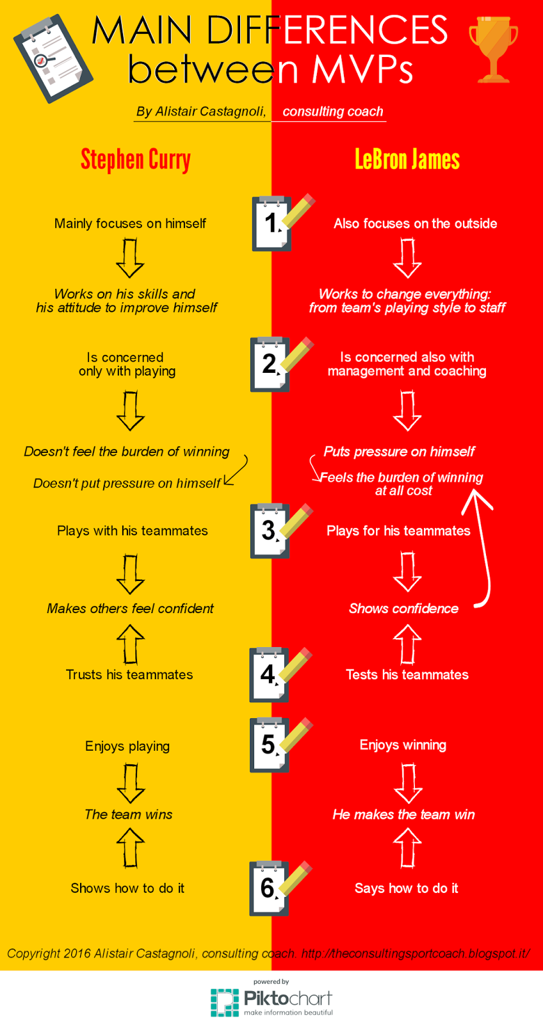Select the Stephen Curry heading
coord(135,160)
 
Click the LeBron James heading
coord(407,160)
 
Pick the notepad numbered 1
coord(273,224)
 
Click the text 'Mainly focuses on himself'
coord(130,224)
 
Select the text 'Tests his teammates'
coord(407,675)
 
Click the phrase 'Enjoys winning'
coord(403,745)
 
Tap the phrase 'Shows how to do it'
coord(127,889)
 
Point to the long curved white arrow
coord(482,551)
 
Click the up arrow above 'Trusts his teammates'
coord(131,644)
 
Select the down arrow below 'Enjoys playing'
coord(131,783)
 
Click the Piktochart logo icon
coord(225,1003)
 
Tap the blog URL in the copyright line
coord(415,953)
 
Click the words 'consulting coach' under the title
coord(333,111)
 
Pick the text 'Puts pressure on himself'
coord(399,452)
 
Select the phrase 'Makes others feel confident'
coord(130,609)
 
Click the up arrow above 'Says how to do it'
coord(407,848)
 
